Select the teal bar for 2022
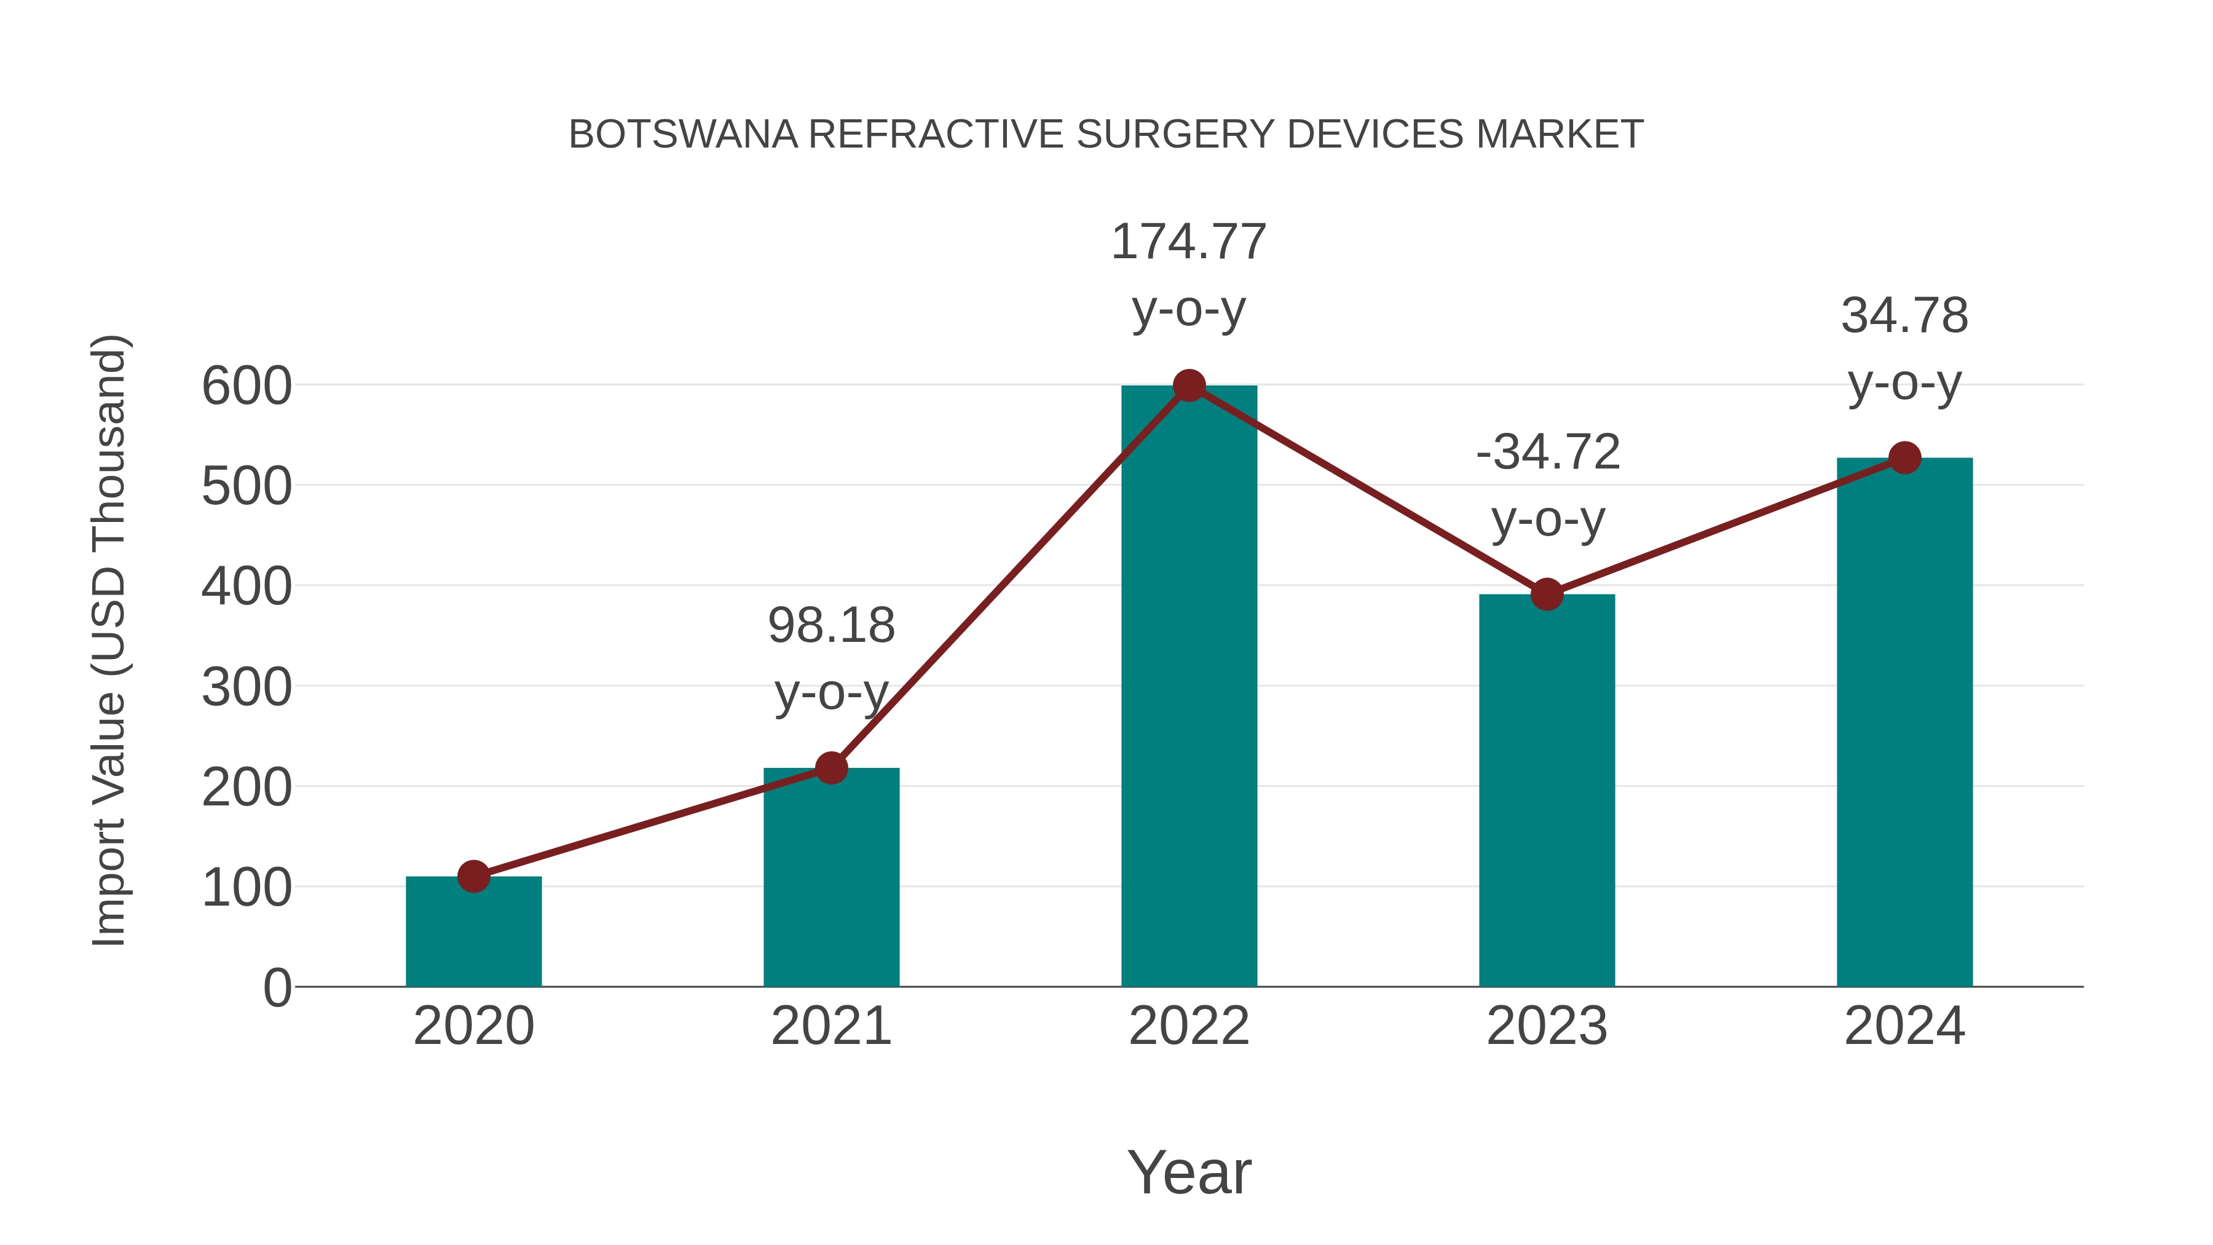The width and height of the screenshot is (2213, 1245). coord(1189,687)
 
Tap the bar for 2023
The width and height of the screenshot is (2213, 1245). coord(1547,791)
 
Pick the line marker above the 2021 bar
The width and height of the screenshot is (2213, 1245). coord(830,767)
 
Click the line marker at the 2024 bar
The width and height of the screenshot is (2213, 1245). coord(1904,458)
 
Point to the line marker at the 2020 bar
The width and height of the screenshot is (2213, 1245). coord(473,876)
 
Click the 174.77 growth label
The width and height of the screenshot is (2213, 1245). coord(1189,242)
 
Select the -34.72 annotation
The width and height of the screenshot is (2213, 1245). coord(1547,452)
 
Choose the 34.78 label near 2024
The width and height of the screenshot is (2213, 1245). coord(1904,315)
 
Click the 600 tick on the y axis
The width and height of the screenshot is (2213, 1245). coord(247,387)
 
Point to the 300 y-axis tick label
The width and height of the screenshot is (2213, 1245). coord(247,688)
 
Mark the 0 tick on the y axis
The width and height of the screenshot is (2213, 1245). coord(277,988)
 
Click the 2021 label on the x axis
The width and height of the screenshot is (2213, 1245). coord(830,1026)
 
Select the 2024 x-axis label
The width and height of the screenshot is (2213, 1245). coord(1904,1026)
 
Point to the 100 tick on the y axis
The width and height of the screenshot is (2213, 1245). coord(247,888)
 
